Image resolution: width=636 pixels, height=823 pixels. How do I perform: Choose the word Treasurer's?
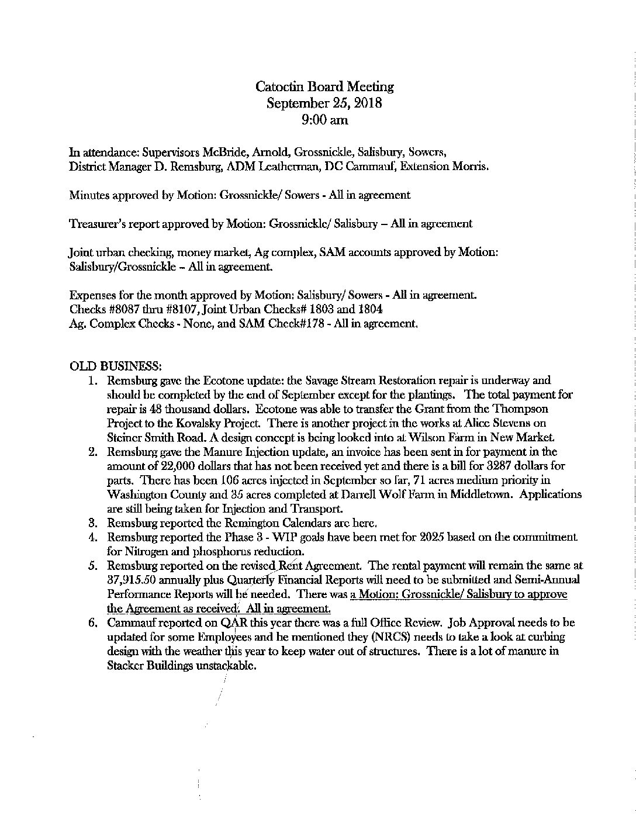point(96,223)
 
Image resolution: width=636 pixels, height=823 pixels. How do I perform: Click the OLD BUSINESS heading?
point(115,366)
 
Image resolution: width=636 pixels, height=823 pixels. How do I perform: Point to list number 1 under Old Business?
point(92,381)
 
